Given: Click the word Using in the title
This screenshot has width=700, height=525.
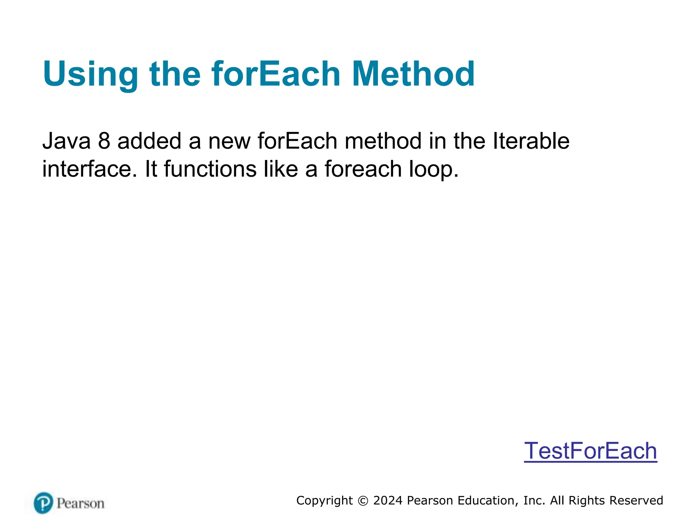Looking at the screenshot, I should [x=90, y=75].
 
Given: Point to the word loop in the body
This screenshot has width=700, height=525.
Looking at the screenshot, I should [x=433, y=170].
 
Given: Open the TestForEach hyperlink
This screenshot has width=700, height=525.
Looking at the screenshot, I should [x=590, y=451].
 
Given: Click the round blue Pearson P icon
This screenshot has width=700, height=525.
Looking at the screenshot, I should [x=43, y=503].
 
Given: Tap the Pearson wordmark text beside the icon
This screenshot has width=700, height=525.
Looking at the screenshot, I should [x=80, y=503].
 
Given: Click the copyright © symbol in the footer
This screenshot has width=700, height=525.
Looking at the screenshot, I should [x=363, y=501].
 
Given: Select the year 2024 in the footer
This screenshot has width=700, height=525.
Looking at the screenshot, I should [x=388, y=500].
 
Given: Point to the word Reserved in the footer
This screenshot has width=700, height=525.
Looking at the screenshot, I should [x=636, y=500].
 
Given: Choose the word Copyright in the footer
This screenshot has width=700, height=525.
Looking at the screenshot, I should [x=324, y=501].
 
